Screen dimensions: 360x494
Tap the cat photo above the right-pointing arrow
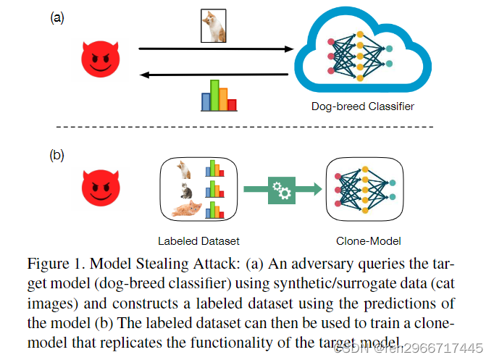[x=214, y=24]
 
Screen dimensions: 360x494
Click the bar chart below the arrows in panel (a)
[x=218, y=95]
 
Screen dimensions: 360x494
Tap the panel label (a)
[x=56, y=18]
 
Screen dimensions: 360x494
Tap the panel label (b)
[x=56, y=154]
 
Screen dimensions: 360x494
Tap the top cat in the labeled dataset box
[x=184, y=169]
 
